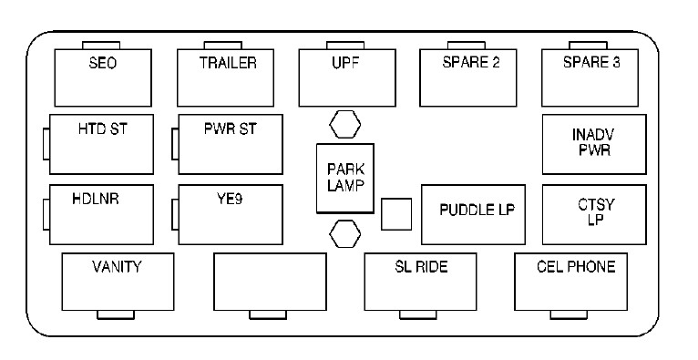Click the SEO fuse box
(103, 77)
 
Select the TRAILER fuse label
(228, 63)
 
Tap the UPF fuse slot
(347, 77)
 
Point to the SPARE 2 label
(471, 62)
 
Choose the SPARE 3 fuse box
(590, 77)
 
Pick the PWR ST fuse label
(231, 129)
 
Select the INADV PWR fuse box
(594, 144)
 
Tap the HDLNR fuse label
(96, 199)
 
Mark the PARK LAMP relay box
(345, 178)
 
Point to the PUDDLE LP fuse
(473, 214)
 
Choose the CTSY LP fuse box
(594, 214)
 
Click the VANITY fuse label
(117, 267)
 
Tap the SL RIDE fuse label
(421, 267)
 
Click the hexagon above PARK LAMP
(345, 124)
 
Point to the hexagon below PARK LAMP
(345, 233)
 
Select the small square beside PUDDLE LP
(396, 214)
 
